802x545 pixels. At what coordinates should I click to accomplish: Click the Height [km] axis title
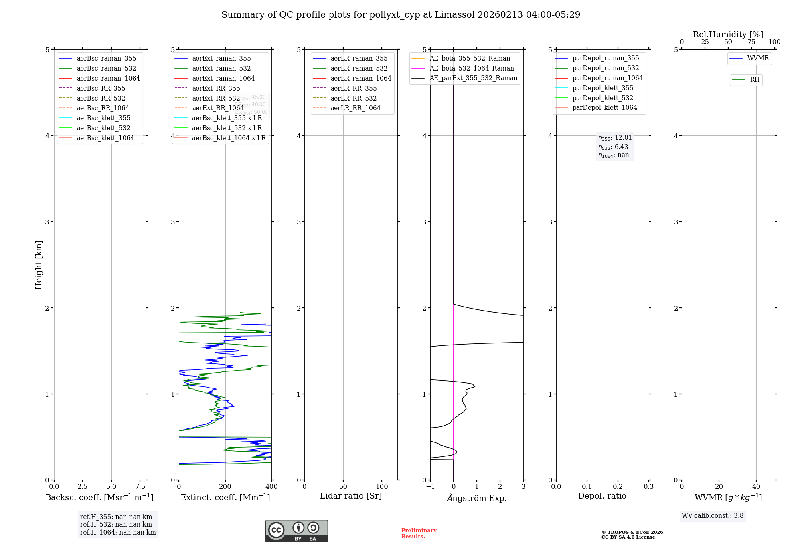pos(38,265)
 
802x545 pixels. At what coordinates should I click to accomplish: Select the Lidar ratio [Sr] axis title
pos(351,496)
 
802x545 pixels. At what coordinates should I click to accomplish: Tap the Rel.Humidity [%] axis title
pos(728,34)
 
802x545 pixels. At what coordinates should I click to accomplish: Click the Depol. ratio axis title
pos(602,496)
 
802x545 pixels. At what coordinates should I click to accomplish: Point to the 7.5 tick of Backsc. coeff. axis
pos(140,487)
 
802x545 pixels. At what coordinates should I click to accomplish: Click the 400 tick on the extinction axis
pos(271,487)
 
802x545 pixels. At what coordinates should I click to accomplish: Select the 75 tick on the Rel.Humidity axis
pos(751,42)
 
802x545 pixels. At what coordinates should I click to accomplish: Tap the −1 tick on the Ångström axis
pos(430,487)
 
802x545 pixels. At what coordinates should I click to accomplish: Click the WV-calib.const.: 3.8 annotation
pos(713,516)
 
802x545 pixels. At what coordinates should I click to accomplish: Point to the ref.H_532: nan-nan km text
pos(116,525)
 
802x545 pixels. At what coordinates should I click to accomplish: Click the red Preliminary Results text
pos(419,533)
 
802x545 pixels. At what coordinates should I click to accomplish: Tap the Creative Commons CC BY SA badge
pos(296,531)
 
